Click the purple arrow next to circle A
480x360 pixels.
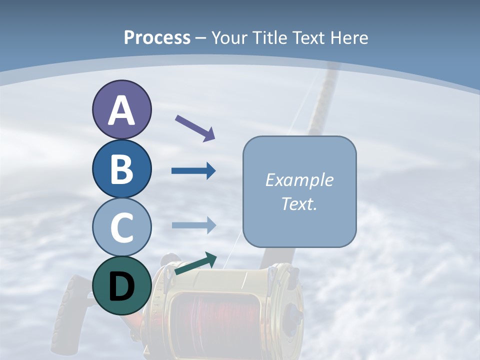195,128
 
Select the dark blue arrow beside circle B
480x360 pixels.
193,171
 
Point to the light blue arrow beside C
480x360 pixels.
193,225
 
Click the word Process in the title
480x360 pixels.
157,37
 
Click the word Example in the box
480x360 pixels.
299,180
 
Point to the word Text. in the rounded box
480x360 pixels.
299,204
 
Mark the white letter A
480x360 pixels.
121,111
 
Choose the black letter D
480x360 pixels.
121,287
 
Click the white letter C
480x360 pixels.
121,228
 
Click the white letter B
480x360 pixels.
121,169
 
